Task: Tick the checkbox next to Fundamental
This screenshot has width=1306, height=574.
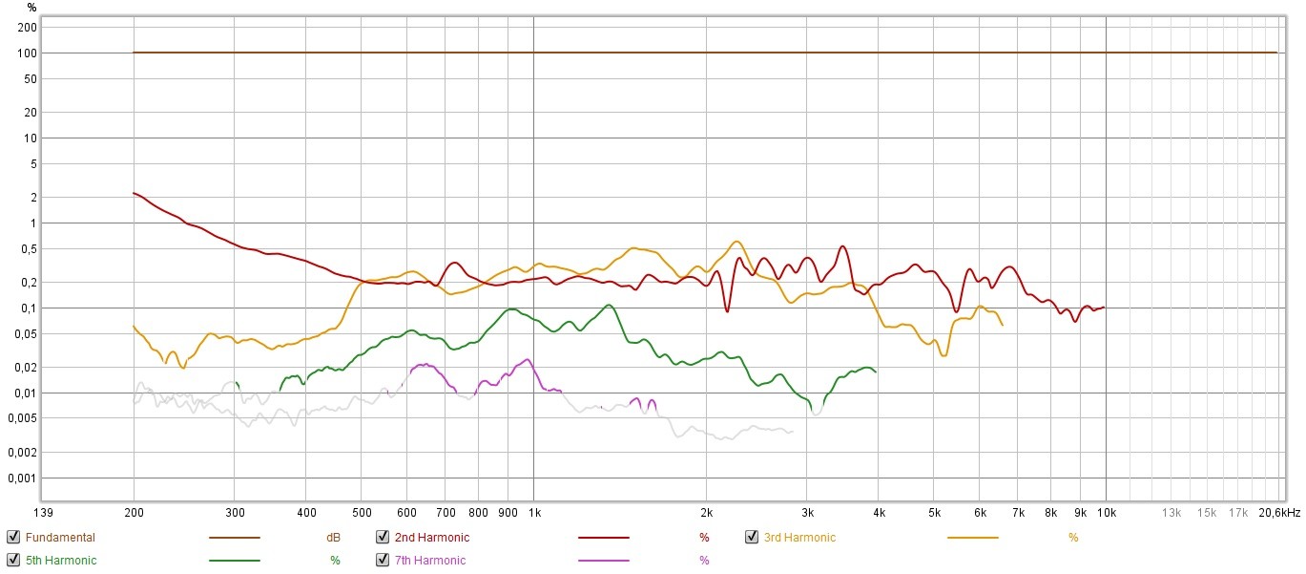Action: (13, 538)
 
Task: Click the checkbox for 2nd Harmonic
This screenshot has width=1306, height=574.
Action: (383, 538)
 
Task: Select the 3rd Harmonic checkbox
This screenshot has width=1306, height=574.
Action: (752, 538)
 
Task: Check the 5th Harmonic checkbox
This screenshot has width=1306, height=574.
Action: (13, 561)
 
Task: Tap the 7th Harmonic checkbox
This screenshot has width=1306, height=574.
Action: (383, 561)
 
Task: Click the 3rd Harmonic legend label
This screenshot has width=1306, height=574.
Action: (799, 538)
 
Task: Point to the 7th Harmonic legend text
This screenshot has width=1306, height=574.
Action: (429, 561)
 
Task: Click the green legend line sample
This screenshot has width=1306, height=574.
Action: (234, 561)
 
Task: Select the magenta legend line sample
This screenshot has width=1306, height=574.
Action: (603, 561)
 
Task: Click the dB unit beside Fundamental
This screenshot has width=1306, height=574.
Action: (334, 538)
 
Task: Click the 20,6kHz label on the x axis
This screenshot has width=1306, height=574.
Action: (1279, 513)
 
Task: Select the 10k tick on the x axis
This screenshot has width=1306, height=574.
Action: (1106, 513)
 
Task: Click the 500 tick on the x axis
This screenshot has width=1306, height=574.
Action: (361, 513)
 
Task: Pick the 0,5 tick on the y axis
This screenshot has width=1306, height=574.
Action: (27, 248)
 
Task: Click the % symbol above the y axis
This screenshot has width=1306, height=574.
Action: (31, 8)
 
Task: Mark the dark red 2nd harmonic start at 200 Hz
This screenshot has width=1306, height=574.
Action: (135, 193)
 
